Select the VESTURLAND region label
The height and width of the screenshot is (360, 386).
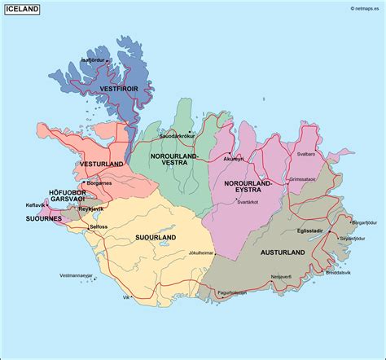102,164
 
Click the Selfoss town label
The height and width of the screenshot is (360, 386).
100,226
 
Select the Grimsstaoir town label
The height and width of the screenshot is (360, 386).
302,179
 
